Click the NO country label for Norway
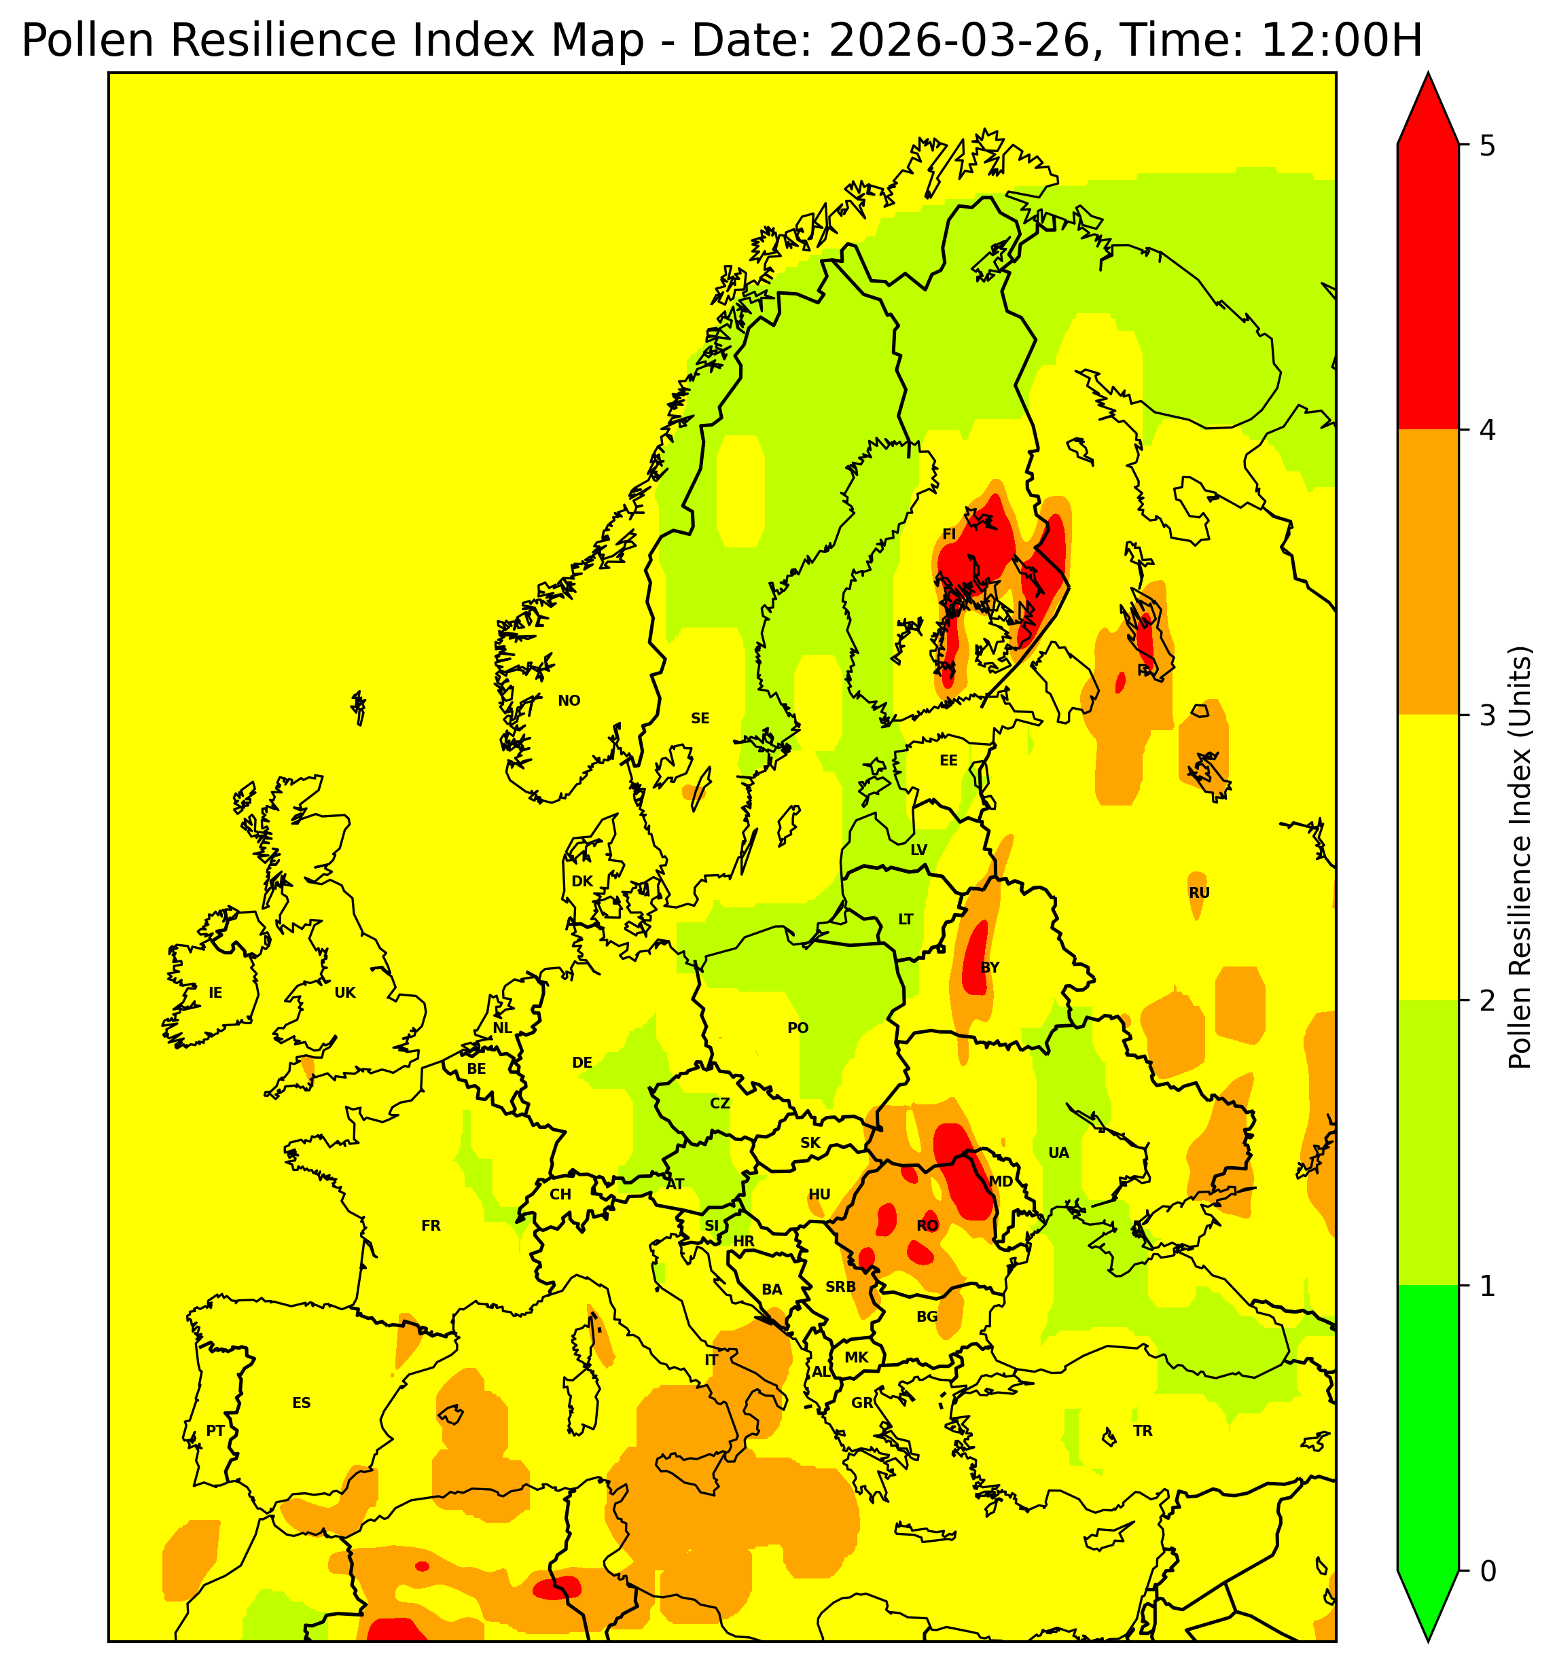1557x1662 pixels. coord(569,700)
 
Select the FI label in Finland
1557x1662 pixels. coord(948,535)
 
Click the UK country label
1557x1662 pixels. coord(344,993)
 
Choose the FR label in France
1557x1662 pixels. coord(431,1225)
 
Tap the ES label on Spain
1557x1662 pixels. coord(301,1403)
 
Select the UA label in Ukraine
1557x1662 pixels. coord(1058,1153)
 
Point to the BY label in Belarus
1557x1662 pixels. coord(989,967)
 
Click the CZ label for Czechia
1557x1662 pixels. coord(719,1104)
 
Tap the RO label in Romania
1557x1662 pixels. coord(927,1225)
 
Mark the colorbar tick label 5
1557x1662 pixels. coord(1487,146)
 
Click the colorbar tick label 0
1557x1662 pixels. coord(1487,1572)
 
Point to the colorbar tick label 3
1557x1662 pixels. coord(1487,717)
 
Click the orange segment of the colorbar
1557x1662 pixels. coord(1427,573)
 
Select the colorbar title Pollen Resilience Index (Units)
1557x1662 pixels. coord(1520,858)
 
